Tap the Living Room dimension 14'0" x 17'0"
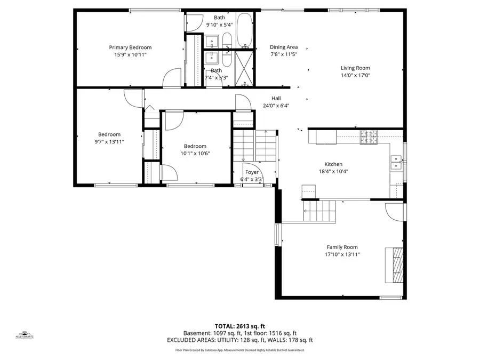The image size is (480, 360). click(355, 75)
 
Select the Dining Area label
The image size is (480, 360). click(283, 47)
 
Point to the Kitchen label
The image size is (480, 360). click(333, 164)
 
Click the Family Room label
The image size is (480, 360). click(342, 247)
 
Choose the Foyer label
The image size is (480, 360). click(252, 172)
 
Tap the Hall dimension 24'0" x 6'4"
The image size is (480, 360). click(276, 106)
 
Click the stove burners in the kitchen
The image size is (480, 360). click(369, 137)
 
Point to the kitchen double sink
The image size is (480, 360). click(396, 162)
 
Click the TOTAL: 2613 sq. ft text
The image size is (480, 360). click(239, 325)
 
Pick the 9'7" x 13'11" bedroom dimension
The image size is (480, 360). click(109, 142)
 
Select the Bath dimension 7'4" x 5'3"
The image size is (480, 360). click(216, 78)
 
